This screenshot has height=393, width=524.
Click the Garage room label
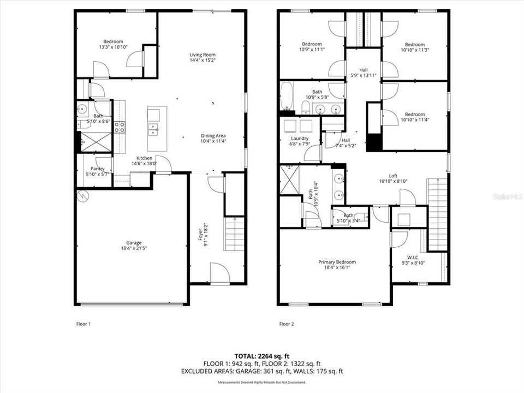pyautogui.click(x=134, y=243)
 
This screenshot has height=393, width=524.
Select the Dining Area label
pyautogui.click(x=213, y=136)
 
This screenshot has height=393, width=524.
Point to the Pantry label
pyautogui.click(x=97, y=169)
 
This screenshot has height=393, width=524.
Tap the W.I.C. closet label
pyautogui.click(x=413, y=257)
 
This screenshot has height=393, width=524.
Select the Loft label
pyautogui.click(x=393, y=176)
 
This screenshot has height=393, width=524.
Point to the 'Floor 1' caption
pyautogui.click(x=83, y=324)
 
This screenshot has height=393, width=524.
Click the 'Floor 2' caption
pyautogui.click(x=287, y=324)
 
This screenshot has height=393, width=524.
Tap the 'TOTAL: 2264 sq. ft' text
pyautogui.click(x=261, y=355)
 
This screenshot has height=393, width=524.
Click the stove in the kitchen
pyautogui.click(x=119, y=127)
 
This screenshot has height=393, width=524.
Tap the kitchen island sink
pyautogui.click(x=153, y=130)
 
